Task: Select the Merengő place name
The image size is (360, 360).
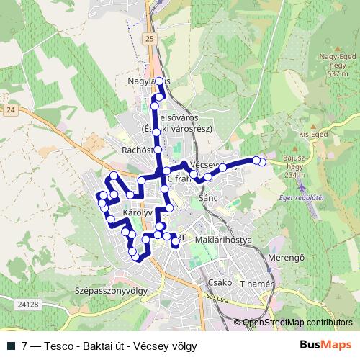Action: coord(277,258)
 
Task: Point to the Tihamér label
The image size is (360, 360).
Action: coord(258,284)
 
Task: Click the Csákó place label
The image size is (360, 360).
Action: coord(217,283)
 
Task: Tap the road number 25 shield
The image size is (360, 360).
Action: coord(149,38)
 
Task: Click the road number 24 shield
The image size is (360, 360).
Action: coord(10,109)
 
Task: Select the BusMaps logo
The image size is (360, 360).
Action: coord(326,345)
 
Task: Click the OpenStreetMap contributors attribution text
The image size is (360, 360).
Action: coord(298,322)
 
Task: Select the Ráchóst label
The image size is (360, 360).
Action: coord(140,150)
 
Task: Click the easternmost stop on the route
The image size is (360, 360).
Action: coord(262,162)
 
